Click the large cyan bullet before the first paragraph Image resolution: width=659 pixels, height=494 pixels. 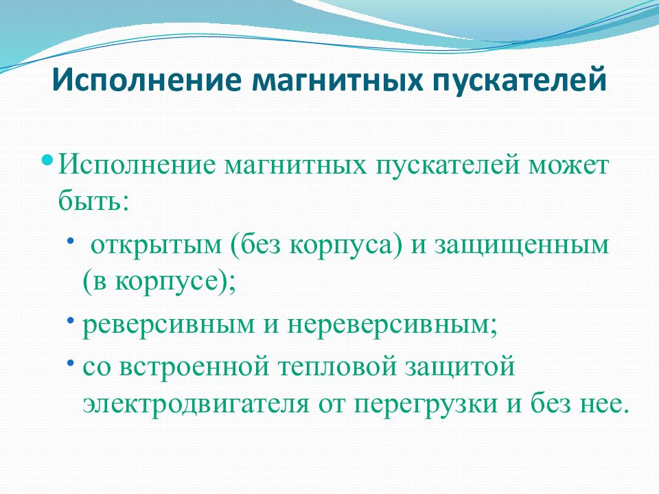coord(48,160)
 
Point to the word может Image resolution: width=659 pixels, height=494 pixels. coord(568,165)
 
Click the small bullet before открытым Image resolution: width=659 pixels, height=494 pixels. coord(70,240)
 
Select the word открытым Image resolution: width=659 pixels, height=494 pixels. coord(156,246)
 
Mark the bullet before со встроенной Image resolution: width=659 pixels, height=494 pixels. coord(70,362)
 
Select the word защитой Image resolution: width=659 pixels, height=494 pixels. coord(460,367)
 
